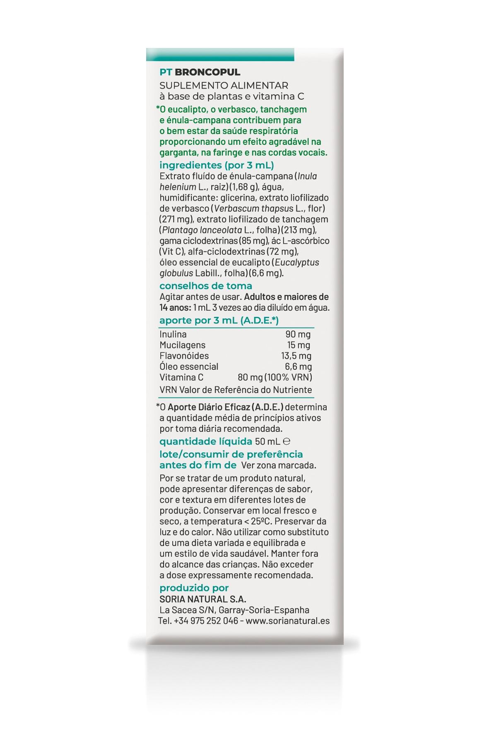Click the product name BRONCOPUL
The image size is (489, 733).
207,72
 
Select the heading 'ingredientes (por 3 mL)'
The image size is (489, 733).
217,165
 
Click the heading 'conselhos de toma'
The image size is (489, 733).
206,286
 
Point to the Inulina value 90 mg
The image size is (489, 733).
298,334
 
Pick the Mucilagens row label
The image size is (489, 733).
183,345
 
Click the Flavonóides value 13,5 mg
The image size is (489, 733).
296,356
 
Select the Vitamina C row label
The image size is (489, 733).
181,377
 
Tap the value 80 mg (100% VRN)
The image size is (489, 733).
275,377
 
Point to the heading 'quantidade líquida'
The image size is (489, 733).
206,441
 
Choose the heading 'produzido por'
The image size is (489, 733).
194,588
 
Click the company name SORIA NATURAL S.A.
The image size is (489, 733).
203,599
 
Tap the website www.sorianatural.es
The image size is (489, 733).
290,620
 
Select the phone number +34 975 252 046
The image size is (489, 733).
206,620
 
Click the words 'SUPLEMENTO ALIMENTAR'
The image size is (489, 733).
224,86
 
